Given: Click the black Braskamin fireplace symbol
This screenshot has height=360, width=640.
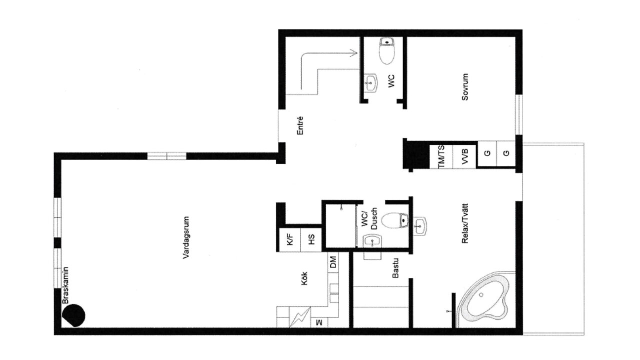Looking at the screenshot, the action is coord(73,315).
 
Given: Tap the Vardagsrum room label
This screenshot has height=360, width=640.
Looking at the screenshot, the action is coord(186,237).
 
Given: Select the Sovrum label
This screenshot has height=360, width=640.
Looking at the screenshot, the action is coord(465,87).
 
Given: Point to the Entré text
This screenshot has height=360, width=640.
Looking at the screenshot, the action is coord(299,125).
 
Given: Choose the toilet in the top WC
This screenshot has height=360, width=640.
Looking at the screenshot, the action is coord(387,51).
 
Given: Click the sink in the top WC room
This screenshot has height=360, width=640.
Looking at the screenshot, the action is coord(371,83).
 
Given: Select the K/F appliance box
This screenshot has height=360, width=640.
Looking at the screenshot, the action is coord(289,239).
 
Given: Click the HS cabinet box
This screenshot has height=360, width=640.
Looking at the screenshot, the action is coord(311,239).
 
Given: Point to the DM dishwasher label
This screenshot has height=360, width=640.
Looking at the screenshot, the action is coord(333,262).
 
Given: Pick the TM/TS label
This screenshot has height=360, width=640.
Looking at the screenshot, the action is coord(441,156).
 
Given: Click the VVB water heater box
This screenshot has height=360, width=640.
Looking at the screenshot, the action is coord(464,156).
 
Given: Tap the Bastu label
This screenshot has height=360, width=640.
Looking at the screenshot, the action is coord(395,268).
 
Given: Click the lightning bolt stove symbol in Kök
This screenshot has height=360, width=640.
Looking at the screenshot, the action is coord(299,317).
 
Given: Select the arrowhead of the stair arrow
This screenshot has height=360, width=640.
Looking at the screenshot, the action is coord(354,53).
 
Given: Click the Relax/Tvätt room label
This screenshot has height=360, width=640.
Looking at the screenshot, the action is coord(465,223).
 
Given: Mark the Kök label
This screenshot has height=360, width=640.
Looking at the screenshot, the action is coord(304,278).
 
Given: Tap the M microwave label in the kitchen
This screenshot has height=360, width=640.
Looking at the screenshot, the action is coord(319,322).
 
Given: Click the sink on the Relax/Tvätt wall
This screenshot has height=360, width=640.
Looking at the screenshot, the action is coord(420,226).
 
